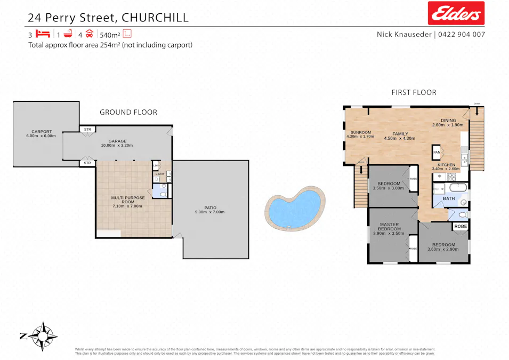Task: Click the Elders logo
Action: [x=456, y=13]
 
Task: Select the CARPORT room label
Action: [x=41, y=131]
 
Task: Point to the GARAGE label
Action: [x=117, y=142]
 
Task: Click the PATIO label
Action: [x=211, y=208]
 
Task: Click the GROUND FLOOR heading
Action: [x=128, y=112]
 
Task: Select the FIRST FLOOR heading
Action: [x=414, y=92]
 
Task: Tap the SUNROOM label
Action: [x=360, y=132]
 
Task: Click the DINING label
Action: [x=448, y=121]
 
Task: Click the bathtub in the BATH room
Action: [x=458, y=188]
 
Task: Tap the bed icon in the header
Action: [x=43, y=34]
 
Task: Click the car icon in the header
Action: [x=90, y=34]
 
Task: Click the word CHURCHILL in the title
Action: [x=155, y=17]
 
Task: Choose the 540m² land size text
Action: [x=109, y=35]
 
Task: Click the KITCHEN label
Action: [x=446, y=165]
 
